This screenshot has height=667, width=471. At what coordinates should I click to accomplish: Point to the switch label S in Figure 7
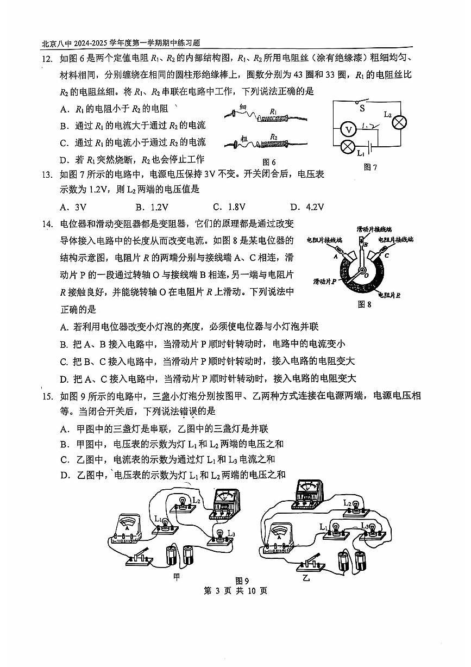(x=362, y=108)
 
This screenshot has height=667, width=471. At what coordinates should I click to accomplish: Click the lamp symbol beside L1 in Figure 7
(x=348, y=147)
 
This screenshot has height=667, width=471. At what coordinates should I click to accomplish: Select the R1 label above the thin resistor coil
(x=273, y=111)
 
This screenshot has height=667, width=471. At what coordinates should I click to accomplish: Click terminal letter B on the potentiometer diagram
(x=366, y=245)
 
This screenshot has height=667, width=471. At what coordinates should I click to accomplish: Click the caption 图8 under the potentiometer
(x=365, y=304)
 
